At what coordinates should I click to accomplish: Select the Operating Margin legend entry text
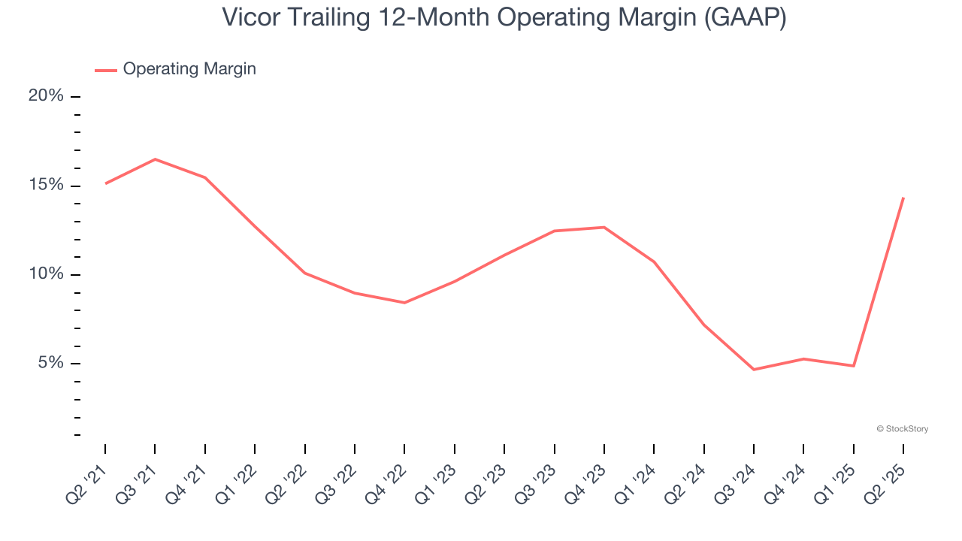[x=189, y=69]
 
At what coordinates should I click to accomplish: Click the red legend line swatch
[x=106, y=70]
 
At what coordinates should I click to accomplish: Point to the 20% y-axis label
[x=46, y=96]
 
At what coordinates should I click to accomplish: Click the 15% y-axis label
[x=46, y=186]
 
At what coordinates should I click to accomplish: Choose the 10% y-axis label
[x=46, y=274]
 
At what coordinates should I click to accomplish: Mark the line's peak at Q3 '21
[x=155, y=159]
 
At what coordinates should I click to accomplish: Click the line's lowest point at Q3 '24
[x=754, y=370]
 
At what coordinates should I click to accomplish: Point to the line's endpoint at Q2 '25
[x=903, y=198]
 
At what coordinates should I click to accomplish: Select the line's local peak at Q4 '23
[x=604, y=227]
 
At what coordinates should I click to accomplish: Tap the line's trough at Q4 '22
[x=404, y=303]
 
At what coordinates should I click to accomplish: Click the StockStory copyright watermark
[x=902, y=429]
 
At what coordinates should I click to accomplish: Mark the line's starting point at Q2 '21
[x=105, y=183]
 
